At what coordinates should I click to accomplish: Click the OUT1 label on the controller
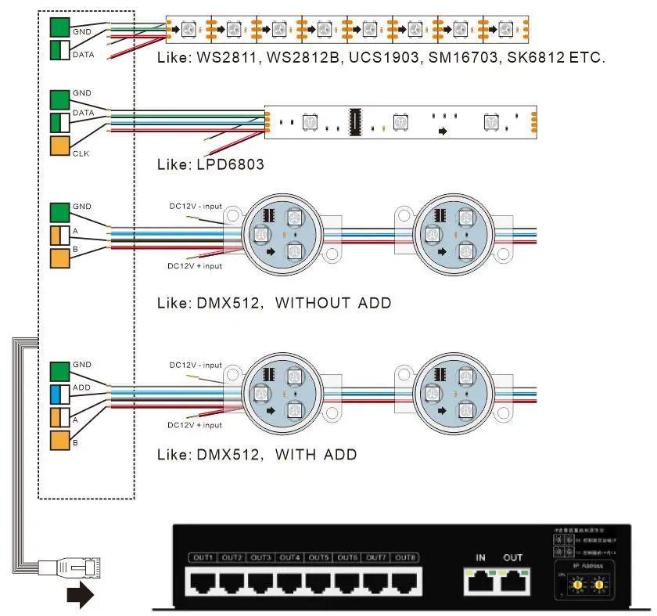(203, 557)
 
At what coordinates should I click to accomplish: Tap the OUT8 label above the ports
(404, 557)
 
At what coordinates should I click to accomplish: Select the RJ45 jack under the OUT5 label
(318, 582)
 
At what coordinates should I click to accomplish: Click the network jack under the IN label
(478, 582)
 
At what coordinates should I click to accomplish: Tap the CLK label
(81, 153)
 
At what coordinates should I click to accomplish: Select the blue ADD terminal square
(60, 394)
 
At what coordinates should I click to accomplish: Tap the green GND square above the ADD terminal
(60, 371)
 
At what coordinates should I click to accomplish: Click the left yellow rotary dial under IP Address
(579, 584)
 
